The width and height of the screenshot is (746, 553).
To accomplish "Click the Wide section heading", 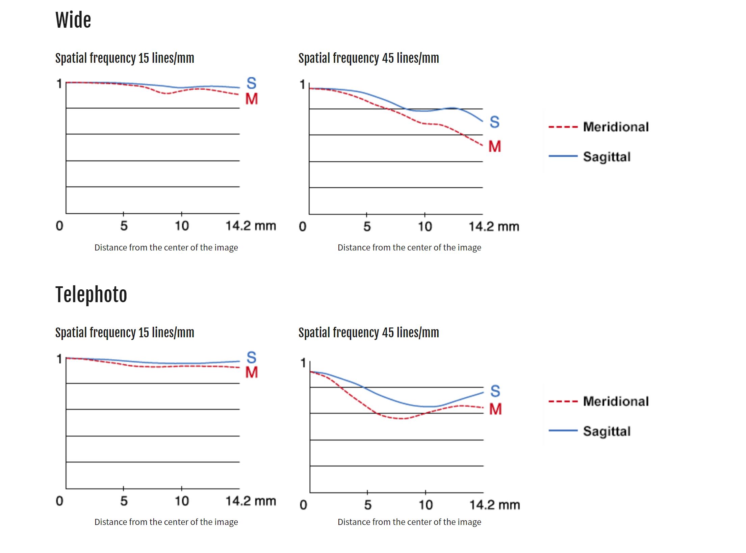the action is click(73, 20).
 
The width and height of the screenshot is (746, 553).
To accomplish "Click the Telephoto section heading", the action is click(91, 294).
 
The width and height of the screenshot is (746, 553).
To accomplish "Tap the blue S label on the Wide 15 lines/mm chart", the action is click(252, 83).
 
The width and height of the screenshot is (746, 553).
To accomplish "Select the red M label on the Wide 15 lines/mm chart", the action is click(252, 99).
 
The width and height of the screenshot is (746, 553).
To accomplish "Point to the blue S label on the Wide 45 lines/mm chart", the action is click(495, 122).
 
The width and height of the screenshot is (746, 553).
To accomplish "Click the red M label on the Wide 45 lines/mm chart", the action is click(495, 147).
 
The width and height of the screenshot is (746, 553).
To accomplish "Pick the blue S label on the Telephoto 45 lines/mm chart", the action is click(495, 391).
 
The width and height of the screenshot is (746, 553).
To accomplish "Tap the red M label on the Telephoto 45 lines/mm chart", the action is click(495, 409).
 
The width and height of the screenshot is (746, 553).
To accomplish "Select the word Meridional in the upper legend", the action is click(616, 127).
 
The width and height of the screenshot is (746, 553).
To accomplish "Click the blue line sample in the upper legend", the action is click(563, 156).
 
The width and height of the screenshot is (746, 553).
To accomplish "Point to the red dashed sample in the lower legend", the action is click(563, 401).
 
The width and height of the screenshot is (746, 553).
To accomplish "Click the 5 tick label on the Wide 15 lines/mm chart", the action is click(124, 226).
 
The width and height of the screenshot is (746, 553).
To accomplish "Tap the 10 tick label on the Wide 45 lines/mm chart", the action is click(425, 227).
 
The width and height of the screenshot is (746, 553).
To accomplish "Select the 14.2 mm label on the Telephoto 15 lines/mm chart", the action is click(251, 501).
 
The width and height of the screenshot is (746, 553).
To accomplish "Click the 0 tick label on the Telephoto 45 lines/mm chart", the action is click(303, 505).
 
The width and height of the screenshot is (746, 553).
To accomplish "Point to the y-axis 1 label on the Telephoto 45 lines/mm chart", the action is click(303, 363).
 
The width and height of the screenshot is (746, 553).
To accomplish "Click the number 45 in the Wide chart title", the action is click(388, 58).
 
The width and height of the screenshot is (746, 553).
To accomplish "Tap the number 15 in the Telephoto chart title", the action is click(144, 333).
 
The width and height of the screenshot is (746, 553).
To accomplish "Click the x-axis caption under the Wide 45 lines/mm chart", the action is click(409, 247).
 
